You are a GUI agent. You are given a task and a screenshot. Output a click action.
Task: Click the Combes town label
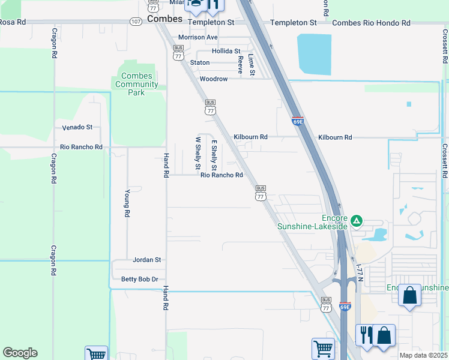(164, 19)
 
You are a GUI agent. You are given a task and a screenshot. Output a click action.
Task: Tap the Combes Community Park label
(136, 85)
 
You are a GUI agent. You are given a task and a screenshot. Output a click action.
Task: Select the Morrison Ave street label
(198, 37)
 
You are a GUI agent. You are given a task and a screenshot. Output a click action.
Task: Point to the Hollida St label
(226, 52)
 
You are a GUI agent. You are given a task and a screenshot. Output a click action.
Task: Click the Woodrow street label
(214, 79)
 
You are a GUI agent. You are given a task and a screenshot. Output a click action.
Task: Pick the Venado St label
(77, 127)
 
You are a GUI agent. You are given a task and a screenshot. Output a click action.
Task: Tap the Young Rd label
(127, 204)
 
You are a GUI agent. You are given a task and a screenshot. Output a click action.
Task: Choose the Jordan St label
(146, 260)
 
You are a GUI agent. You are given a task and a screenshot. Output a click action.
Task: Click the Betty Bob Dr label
(139, 280)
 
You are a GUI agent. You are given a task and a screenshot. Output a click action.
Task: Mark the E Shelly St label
(213, 154)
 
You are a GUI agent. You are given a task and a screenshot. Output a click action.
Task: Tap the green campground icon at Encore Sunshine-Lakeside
(357, 221)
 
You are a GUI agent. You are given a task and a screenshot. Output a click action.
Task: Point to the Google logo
(20, 353)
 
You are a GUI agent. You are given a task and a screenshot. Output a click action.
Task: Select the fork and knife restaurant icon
(364, 334)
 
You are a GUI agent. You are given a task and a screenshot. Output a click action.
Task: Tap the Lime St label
(252, 65)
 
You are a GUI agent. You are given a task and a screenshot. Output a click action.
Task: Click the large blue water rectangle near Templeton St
(315, 55)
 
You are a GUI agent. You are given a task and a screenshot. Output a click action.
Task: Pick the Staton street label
(200, 62)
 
